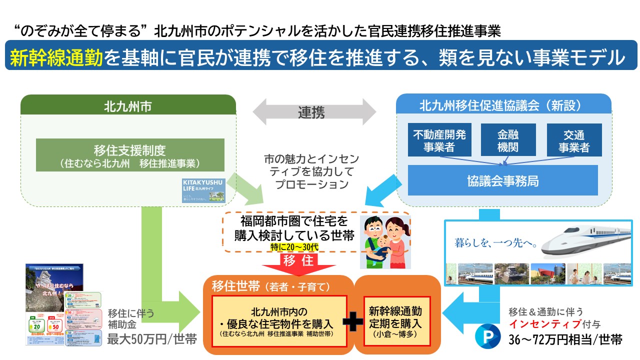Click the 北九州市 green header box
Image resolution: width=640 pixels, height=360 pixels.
(x=128, y=106)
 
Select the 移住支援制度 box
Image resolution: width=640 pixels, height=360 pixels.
(x=130, y=155)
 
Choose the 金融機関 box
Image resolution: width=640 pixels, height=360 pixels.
(x=508, y=140)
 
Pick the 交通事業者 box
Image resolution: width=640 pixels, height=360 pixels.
(x=574, y=140)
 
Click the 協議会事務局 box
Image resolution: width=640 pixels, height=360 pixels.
(x=502, y=180)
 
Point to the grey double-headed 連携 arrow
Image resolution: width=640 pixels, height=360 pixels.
(x=314, y=112)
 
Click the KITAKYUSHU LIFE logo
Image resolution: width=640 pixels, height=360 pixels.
(x=203, y=190)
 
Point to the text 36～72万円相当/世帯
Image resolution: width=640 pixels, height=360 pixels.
(x=565, y=339)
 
